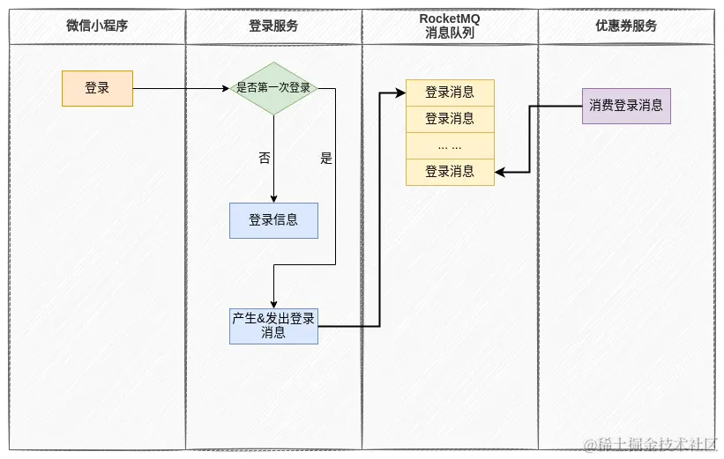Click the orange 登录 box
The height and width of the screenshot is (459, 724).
tap(97, 88)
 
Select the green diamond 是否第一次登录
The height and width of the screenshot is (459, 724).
tap(273, 88)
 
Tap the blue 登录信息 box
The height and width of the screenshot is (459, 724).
tap(273, 220)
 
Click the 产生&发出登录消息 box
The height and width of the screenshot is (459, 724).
tap(273, 326)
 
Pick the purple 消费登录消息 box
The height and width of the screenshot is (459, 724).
tap(626, 106)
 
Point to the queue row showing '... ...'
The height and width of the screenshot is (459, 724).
tap(450, 145)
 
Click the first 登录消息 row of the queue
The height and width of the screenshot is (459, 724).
tap(450, 93)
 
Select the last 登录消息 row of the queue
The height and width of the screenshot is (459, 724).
tap(450, 172)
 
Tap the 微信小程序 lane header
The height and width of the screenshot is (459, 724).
tap(97, 26)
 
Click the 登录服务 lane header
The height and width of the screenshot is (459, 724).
tap(273, 26)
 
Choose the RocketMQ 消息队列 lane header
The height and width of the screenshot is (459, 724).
tap(450, 26)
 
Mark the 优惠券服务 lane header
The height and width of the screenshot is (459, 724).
tap(626, 26)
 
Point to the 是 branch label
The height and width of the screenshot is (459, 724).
tap(326, 159)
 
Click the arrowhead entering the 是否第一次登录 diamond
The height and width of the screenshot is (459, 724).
tap(225, 88)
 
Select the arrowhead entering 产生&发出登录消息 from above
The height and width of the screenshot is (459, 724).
tap(273, 303)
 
